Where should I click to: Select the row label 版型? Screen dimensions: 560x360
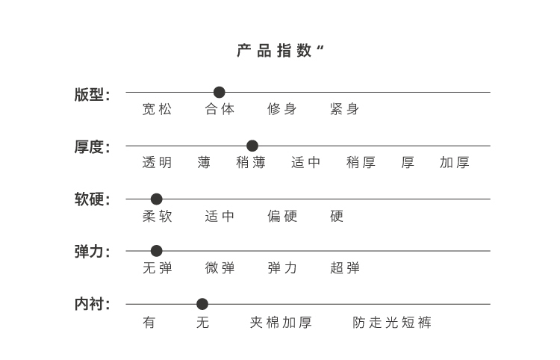coord(92,94)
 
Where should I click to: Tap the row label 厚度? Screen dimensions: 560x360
coord(92,147)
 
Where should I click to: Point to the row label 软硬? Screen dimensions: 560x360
coord(92,200)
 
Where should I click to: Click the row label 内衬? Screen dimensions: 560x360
coord(92,305)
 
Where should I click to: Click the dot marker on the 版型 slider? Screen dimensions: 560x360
coord(219,92)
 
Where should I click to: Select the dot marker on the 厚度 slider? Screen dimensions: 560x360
coord(252,146)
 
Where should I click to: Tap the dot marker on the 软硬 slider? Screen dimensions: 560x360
coord(156,199)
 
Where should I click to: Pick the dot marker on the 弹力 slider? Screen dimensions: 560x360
coord(156,251)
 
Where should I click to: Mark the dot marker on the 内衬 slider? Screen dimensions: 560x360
coord(202,304)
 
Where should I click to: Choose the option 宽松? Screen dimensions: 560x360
coord(157,109)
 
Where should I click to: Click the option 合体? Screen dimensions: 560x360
coord(220,109)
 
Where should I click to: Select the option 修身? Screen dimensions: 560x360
coord(282,109)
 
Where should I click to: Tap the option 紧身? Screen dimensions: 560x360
coord(344,109)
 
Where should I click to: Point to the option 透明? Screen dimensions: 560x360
coord(157,163)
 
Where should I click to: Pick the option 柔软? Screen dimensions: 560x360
coord(157,217)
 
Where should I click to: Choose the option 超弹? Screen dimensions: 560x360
coord(344,268)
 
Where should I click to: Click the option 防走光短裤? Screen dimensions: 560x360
coord(392,323)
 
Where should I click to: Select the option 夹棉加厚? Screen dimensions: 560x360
coord(281,323)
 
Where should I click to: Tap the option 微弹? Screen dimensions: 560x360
coord(220,268)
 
